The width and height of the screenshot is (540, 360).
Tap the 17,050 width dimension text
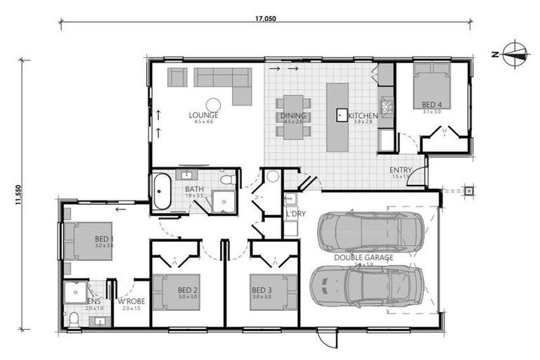pos(265,19)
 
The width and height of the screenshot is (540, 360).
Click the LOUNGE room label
pos(203,115)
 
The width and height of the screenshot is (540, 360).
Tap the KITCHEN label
pos(364,116)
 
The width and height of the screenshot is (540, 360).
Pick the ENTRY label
pos(401,171)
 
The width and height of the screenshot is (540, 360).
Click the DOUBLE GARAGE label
pos(363,258)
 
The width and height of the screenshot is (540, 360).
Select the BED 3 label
pos(262,290)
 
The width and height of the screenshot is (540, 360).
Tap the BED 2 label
pos(187,290)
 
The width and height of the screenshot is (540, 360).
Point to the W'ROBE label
pos(131,302)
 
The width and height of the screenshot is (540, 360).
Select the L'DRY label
pos(293,213)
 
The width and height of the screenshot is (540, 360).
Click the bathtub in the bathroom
pos(161,191)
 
